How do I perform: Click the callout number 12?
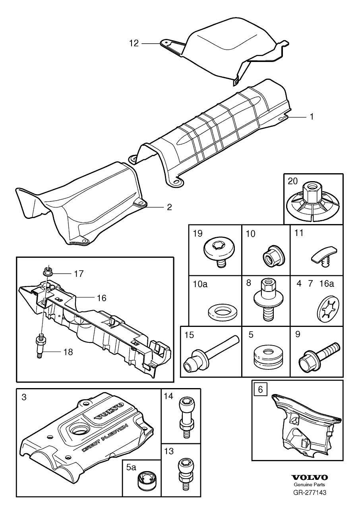pos(134,43)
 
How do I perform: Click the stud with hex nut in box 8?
pos(266,298)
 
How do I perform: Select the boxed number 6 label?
pos(260,389)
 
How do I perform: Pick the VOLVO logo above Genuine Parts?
pos(310,477)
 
